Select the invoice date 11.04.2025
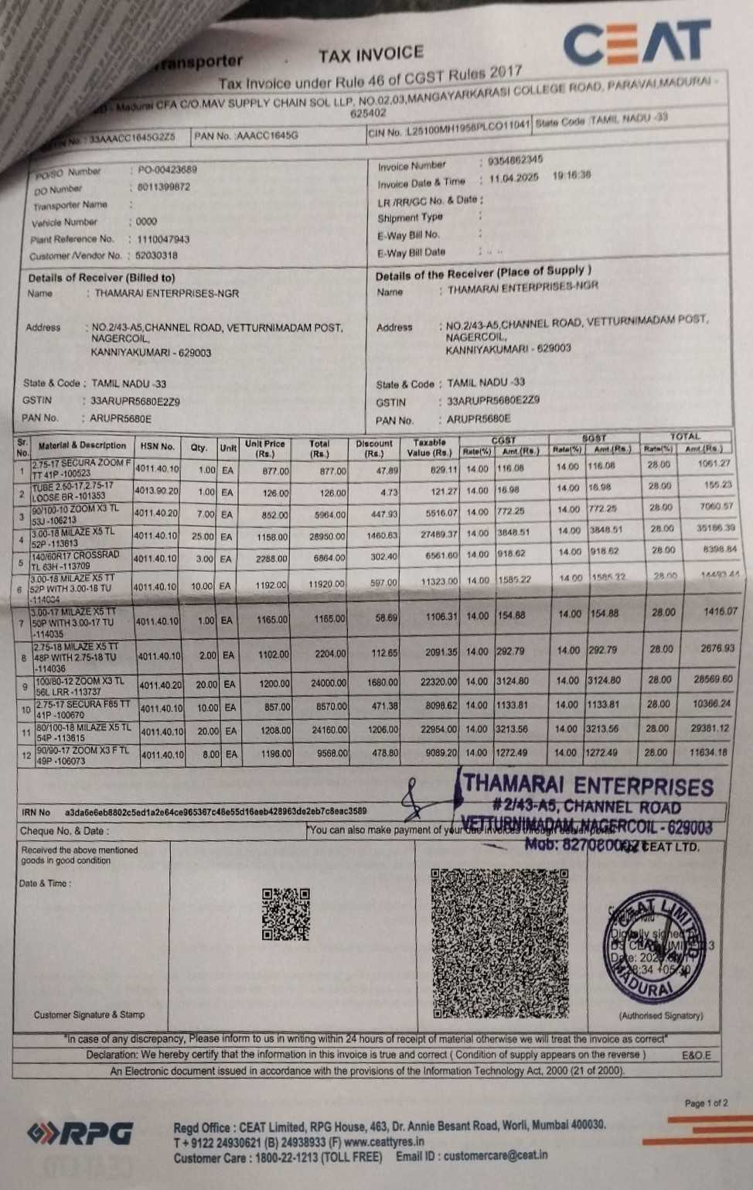click(513, 177)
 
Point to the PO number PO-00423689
click(167, 169)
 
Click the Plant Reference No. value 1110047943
click(163, 239)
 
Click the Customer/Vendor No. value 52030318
click(156, 255)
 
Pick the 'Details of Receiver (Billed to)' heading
click(101, 278)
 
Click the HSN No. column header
click(158, 446)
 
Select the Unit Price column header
click(264, 448)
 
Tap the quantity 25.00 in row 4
click(203, 536)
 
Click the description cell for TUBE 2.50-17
click(73, 491)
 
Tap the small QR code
click(285, 914)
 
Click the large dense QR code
click(500, 942)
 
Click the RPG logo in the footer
click(80, 1134)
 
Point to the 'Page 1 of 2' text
click(705, 1103)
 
